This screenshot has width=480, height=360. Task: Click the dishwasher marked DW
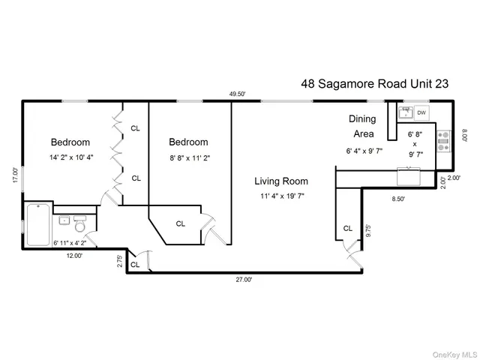(x=421, y=113)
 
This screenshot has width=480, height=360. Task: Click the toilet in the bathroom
(x=81, y=222)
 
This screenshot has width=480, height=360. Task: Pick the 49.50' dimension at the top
(x=238, y=94)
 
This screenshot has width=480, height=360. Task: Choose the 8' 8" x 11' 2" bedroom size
(x=188, y=158)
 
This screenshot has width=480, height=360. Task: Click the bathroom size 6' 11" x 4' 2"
(x=70, y=242)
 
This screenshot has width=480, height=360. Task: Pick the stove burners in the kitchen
(x=442, y=137)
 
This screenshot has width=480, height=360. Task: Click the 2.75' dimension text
(x=119, y=260)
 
